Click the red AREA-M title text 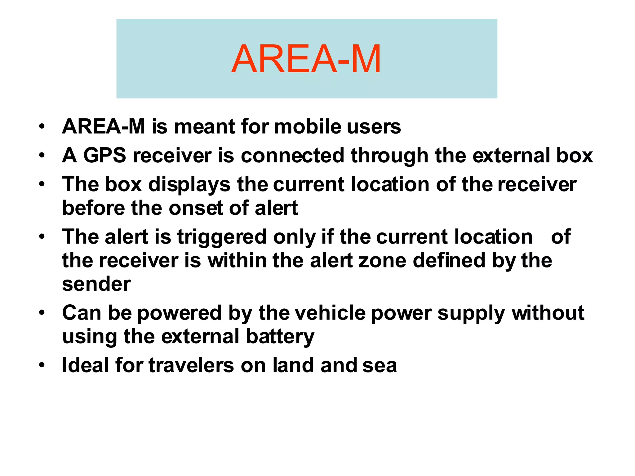pos(306,59)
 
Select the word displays pos(189,184)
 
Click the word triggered pos(222,237)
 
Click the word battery pos(280,337)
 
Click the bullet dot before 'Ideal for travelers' pos(42,365)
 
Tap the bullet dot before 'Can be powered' pos(42,312)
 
